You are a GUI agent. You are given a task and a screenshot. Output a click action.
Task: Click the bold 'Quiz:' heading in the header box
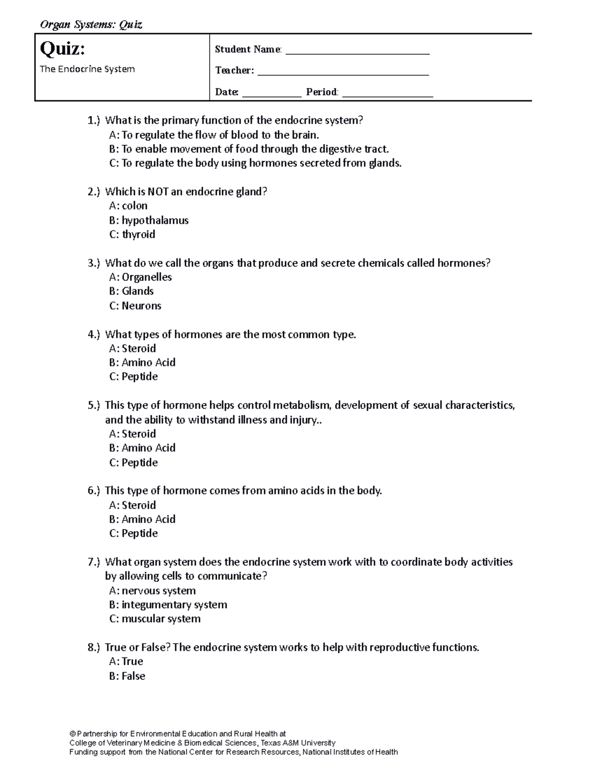(62, 49)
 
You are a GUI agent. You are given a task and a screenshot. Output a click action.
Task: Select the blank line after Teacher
(343, 73)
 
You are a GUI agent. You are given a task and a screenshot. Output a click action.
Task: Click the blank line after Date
(271, 94)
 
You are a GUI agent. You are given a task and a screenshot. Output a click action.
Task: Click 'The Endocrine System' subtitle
(87, 69)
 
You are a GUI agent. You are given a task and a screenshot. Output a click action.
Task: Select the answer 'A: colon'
(128, 206)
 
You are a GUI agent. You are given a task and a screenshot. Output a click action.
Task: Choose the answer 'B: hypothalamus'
(149, 220)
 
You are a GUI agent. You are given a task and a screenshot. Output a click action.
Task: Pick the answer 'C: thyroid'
(132, 234)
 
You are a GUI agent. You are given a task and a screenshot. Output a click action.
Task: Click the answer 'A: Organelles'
(140, 277)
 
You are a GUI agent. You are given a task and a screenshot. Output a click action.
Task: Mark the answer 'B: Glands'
(131, 291)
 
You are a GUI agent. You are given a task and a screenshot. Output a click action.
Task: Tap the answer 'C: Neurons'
(135, 305)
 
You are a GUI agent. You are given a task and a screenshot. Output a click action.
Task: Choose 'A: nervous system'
(152, 591)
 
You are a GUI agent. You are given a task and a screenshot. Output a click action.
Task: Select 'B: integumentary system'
(168, 604)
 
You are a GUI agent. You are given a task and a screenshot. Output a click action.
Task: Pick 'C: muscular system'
(155, 619)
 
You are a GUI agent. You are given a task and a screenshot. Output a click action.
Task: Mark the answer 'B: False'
(127, 676)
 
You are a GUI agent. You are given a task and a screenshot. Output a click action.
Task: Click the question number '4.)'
(94, 335)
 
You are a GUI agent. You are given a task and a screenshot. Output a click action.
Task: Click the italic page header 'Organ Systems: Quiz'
(91, 25)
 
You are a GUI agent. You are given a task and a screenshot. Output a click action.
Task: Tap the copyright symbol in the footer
(72, 733)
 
